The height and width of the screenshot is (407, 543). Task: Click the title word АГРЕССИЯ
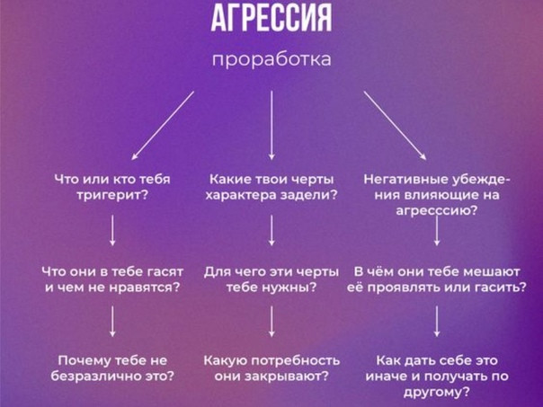tap(271, 18)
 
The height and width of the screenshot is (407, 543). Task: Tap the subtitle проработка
tap(271, 59)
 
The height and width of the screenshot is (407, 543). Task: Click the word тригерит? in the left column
tap(112, 196)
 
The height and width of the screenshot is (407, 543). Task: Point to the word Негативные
tap(405, 180)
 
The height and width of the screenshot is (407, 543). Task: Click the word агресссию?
tap(436, 211)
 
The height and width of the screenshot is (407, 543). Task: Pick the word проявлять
tap(401, 288)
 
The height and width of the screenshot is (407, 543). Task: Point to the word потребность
tap(296, 360)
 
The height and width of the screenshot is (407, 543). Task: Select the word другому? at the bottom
tap(437, 392)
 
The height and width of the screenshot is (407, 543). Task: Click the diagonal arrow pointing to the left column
tap(163, 125)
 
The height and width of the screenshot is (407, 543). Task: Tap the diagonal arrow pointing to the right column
tap(395, 125)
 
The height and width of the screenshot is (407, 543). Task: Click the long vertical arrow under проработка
tap(271, 125)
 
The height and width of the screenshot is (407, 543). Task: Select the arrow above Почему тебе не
tap(112, 321)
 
